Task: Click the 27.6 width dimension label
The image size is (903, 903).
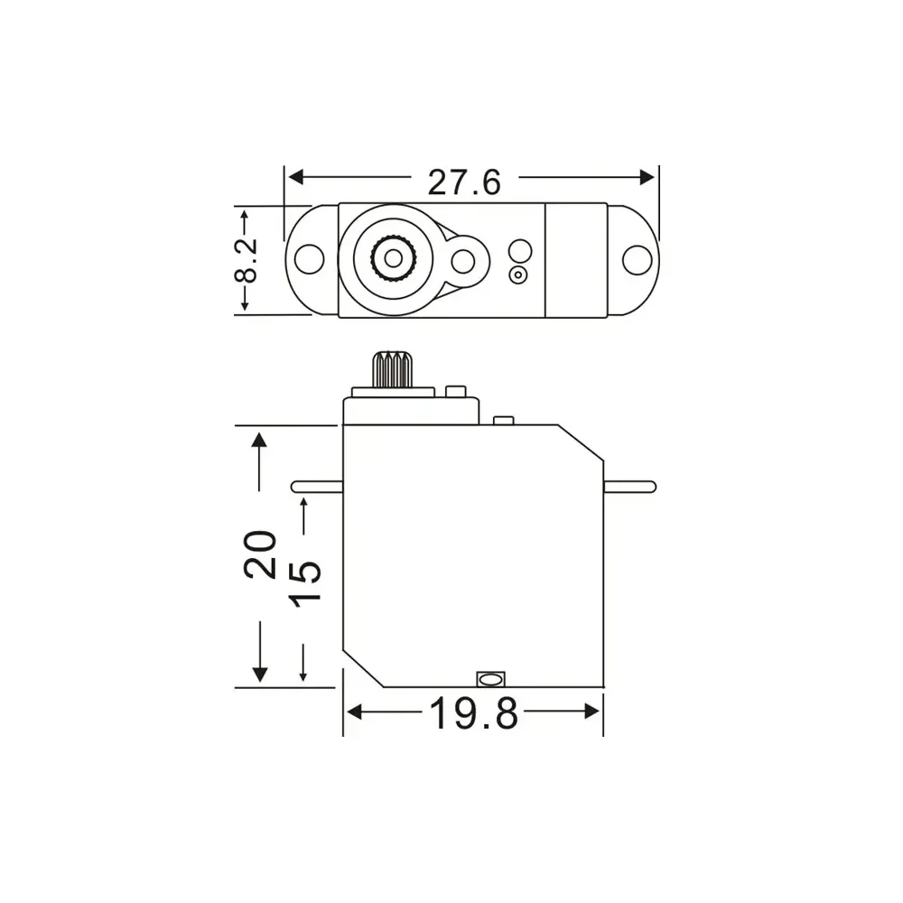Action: (463, 183)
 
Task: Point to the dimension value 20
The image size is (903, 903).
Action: (260, 554)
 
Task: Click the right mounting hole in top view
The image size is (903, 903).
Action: (637, 259)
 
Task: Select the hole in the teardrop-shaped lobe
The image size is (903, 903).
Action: (463, 262)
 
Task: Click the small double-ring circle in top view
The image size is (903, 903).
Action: (518, 275)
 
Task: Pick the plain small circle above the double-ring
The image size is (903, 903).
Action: (519, 250)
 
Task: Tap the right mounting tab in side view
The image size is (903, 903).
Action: (629, 486)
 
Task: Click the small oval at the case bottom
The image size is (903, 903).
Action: (489, 678)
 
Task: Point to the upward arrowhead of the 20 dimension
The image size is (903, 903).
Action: (260, 440)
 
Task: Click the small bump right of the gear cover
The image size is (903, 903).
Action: (503, 420)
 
